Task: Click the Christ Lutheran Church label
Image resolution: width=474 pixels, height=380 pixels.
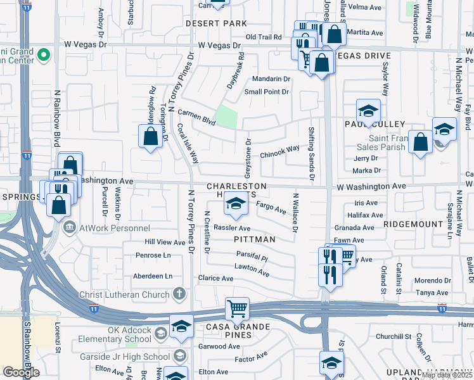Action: pyautogui.click(x=124, y=294)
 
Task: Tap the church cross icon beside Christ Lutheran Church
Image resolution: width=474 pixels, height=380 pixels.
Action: pyautogui.click(x=180, y=294)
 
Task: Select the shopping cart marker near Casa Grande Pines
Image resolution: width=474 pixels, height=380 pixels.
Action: pyautogui.click(x=237, y=309)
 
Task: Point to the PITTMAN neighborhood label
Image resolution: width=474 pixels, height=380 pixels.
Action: pyautogui.click(x=255, y=239)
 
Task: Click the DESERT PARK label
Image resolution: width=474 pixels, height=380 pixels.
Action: pyautogui.click(x=216, y=23)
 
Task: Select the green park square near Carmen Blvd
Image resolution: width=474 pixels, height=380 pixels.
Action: pyautogui.click(x=226, y=117)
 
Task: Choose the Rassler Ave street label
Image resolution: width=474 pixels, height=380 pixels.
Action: pyautogui.click(x=232, y=228)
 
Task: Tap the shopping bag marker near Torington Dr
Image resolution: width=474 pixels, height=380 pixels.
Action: pyautogui.click(x=150, y=136)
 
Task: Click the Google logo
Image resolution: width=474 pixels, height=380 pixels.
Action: pyautogui.click(x=21, y=372)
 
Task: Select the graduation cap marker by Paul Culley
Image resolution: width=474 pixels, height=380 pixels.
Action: pyautogui.click(x=368, y=111)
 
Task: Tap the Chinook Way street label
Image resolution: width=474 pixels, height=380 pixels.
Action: pyautogui.click(x=279, y=151)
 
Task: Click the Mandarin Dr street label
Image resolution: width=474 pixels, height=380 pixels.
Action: pyautogui.click(x=271, y=79)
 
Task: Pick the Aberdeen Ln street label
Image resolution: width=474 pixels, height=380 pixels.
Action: pyautogui.click(x=153, y=276)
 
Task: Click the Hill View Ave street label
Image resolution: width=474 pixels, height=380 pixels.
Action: pyautogui.click(x=165, y=242)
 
